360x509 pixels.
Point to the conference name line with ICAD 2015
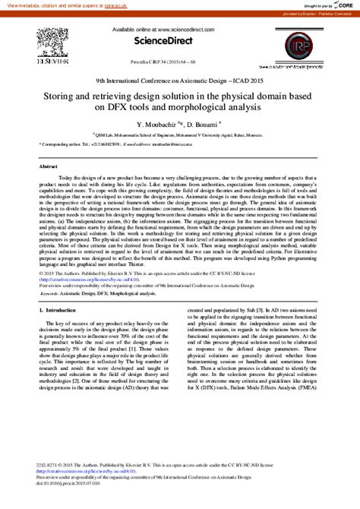click(179, 80)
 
